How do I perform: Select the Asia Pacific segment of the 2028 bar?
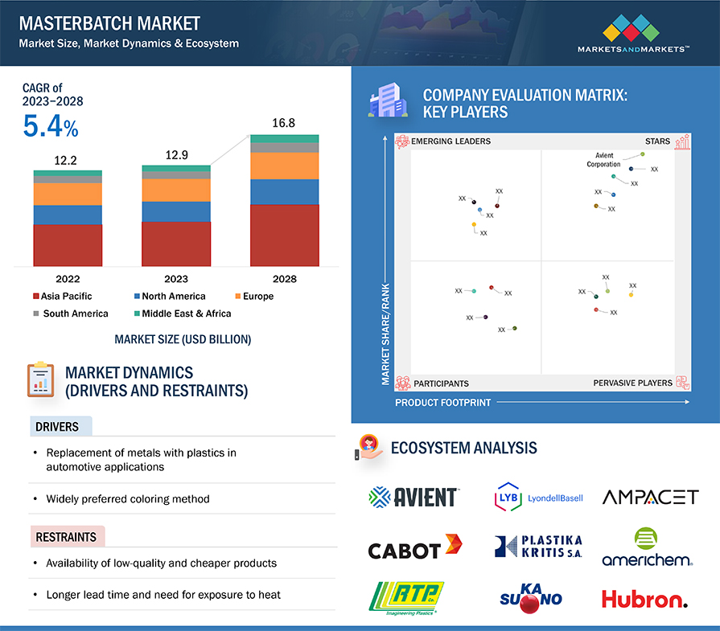pyautogui.click(x=285, y=235)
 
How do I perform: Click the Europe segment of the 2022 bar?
pyautogui.click(x=68, y=194)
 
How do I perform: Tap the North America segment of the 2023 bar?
pyautogui.click(x=176, y=211)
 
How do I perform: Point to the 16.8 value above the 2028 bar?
pyautogui.click(x=285, y=123)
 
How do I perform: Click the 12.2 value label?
pyautogui.click(x=68, y=160)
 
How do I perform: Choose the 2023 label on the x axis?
pyautogui.click(x=176, y=279)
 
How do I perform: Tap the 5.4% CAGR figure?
pyautogui.click(x=51, y=128)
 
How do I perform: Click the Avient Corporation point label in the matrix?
pyautogui.click(x=603, y=159)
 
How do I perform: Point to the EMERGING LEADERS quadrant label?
pyautogui.click(x=451, y=141)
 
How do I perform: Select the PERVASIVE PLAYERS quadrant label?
pyautogui.click(x=632, y=383)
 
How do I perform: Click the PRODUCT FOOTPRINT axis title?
pyautogui.click(x=442, y=402)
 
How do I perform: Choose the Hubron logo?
pyautogui.click(x=644, y=599)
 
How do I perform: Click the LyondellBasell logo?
pyautogui.click(x=539, y=497)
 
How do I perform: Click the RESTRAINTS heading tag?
pyautogui.click(x=66, y=537)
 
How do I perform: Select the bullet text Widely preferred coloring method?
pyautogui.click(x=128, y=498)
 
